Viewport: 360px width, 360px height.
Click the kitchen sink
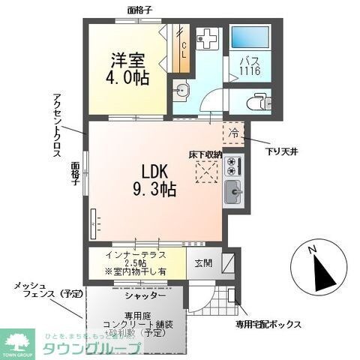(x=233, y=193)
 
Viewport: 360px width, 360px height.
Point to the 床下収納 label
(x=204, y=154)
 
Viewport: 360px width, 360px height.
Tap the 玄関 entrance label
(x=204, y=263)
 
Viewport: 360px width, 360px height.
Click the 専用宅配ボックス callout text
(x=268, y=325)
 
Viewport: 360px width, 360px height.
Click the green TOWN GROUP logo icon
(x=18, y=339)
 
